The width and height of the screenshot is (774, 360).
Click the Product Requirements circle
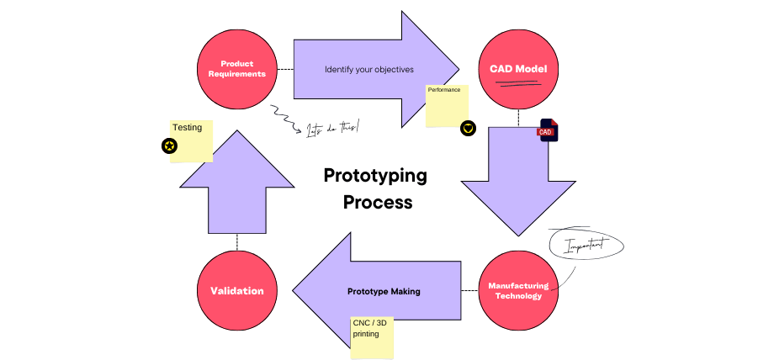pyautogui.click(x=237, y=69)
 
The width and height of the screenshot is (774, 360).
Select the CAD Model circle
pyautogui.click(x=518, y=69)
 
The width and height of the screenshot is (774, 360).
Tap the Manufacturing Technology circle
pyautogui.click(x=518, y=291)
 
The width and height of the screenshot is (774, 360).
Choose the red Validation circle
pyautogui.click(x=237, y=291)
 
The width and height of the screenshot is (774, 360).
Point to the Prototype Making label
pyautogui.click(x=384, y=291)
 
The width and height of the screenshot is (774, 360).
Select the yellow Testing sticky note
pyautogui.click(x=192, y=141)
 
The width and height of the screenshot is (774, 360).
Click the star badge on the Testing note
pyautogui.click(x=170, y=146)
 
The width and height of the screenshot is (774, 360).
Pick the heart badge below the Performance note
pyautogui.click(x=469, y=128)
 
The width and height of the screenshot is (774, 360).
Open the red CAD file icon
pyautogui.click(x=548, y=130)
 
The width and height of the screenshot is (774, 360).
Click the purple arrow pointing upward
pyautogui.click(x=237, y=181)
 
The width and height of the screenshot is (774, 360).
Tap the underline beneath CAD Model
pyautogui.click(x=518, y=82)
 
